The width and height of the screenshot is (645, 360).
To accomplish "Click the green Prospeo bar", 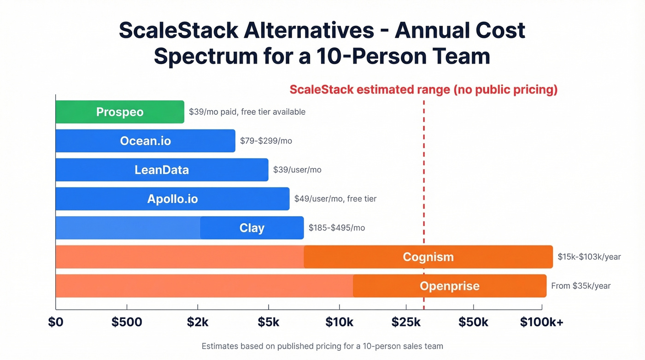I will click(120, 112).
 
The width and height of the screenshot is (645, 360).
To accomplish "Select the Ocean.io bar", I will click(146, 141).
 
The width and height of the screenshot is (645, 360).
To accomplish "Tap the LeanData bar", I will click(162, 170).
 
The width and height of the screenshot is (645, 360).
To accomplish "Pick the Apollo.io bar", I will click(172, 199).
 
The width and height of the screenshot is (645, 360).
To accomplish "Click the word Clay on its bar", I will click(252, 228).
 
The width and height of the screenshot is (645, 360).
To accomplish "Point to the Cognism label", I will click(428, 257).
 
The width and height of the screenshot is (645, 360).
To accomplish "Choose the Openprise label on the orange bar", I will click(449, 286).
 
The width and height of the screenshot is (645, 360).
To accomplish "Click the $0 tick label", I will click(56, 322).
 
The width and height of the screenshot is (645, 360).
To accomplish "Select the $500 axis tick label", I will click(127, 322).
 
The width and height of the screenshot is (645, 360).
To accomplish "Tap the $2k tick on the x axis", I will click(198, 322).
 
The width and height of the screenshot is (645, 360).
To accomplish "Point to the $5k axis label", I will click(268, 322).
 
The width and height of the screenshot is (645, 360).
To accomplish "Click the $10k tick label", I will click(340, 322).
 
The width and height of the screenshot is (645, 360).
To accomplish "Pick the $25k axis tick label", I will click(406, 322).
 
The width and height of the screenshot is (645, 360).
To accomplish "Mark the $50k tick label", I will click(473, 322).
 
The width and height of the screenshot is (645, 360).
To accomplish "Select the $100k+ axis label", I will click(541, 322).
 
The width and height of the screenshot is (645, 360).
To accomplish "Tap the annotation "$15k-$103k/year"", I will click(589, 257).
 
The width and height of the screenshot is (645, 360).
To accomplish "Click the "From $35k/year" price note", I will click(580, 286).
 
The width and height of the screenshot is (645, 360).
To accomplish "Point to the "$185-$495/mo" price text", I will click(337, 228).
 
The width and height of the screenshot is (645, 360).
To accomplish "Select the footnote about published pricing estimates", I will click(322, 346).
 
